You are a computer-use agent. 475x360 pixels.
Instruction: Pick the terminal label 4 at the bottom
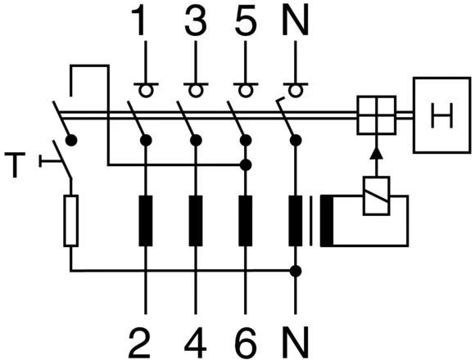click(x=194, y=336)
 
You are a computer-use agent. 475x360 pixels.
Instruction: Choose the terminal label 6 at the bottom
click(x=244, y=336)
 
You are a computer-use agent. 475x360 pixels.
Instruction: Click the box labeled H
click(x=442, y=115)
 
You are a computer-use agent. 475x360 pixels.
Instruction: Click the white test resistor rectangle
click(x=71, y=221)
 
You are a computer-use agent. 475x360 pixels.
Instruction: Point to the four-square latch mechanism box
click(x=375, y=115)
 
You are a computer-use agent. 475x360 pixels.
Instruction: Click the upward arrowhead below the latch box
click(x=375, y=152)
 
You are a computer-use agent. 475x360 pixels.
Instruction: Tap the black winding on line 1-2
click(x=145, y=221)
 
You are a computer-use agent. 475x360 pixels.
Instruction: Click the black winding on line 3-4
click(x=194, y=221)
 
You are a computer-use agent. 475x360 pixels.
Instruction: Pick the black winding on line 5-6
click(x=244, y=221)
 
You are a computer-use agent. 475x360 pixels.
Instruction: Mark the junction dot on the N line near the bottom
click(x=295, y=270)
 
